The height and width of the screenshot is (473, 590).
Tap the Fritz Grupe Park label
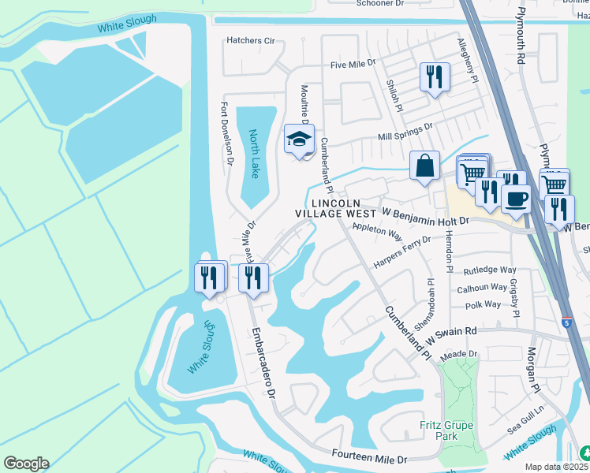click(x=446, y=431)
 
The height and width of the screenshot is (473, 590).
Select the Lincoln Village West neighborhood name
click(x=336, y=208)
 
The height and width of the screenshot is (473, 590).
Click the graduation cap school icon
click(x=299, y=139)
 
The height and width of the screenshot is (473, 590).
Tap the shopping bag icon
click(x=424, y=166)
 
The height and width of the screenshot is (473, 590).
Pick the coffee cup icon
click(x=516, y=199)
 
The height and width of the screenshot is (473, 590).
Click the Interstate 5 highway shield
click(x=568, y=322)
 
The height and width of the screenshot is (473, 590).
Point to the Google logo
click(x=26, y=464)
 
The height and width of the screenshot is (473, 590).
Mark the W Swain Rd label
click(x=452, y=332)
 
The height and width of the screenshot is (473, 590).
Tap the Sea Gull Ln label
click(x=527, y=415)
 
